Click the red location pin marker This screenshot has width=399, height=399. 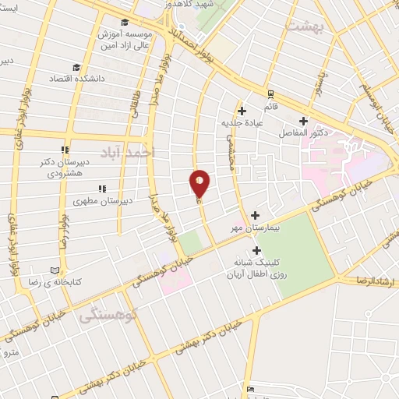(199, 184)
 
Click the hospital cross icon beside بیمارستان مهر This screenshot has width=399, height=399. (255, 214)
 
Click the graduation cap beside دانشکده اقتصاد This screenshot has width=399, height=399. (76, 67)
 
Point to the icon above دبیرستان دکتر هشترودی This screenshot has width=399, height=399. (66, 150)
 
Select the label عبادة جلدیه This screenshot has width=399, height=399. (242, 122)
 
